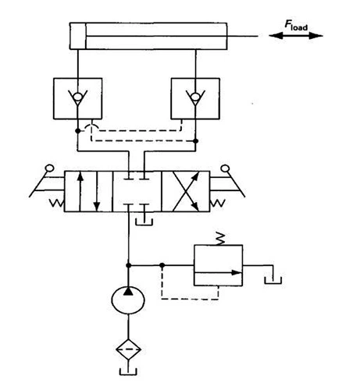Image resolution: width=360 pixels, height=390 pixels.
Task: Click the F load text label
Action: point(296,26)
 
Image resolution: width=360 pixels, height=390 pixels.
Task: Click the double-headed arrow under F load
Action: point(296,36)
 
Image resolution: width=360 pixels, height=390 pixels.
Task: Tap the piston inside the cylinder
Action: point(78,36)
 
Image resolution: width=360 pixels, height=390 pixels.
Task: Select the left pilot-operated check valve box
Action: point(77,99)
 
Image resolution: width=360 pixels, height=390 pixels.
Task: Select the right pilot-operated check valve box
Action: point(195,99)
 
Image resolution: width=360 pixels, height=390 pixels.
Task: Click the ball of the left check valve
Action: point(77,97)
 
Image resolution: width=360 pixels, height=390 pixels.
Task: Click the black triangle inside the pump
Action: point(128,291)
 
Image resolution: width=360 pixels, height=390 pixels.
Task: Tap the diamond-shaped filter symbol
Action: point(128,349)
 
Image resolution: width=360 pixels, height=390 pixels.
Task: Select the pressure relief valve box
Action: point(219,265)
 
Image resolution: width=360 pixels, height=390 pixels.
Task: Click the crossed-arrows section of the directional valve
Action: point(186,191)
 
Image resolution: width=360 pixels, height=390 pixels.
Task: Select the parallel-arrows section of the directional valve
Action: point(88,191)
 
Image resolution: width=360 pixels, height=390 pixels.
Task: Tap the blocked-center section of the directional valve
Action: point(137,191)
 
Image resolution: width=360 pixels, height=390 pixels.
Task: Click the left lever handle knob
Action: point(49,168)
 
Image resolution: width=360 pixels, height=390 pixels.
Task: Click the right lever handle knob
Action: point(225,168)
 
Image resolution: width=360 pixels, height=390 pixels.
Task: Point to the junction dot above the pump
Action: point(128,265)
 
